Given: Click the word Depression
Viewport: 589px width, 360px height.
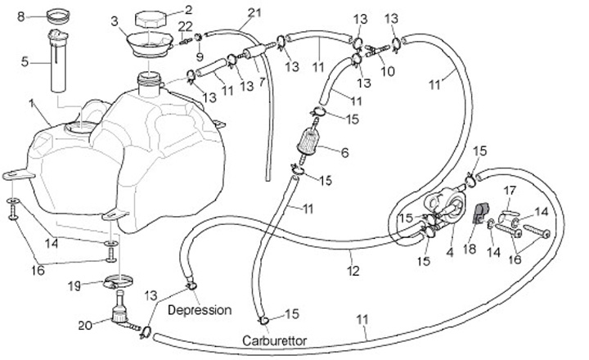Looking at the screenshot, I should pyautogui.click(x=200, y=311).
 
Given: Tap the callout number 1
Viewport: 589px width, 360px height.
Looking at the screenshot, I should pyautogui.click(x=31, y=104).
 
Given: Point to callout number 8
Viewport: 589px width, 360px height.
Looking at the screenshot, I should pyautogui.click(x=22, y=16).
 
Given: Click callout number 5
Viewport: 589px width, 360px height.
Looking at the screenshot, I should pyautogui.click(x=25, y=61).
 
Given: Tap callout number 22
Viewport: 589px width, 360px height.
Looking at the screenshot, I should pyautogui.click(x=185, y=28).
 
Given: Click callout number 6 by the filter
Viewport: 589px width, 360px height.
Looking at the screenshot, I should pyautogui.click(x=345, y=151).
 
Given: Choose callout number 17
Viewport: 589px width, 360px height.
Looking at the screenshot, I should pyautogui.click(x=509, y=191).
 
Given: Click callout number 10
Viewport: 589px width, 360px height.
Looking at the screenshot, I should pyautogui.click(x=388, y=71).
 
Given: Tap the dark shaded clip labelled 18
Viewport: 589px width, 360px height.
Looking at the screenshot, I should pyautogui.click(x=482, y=214).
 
